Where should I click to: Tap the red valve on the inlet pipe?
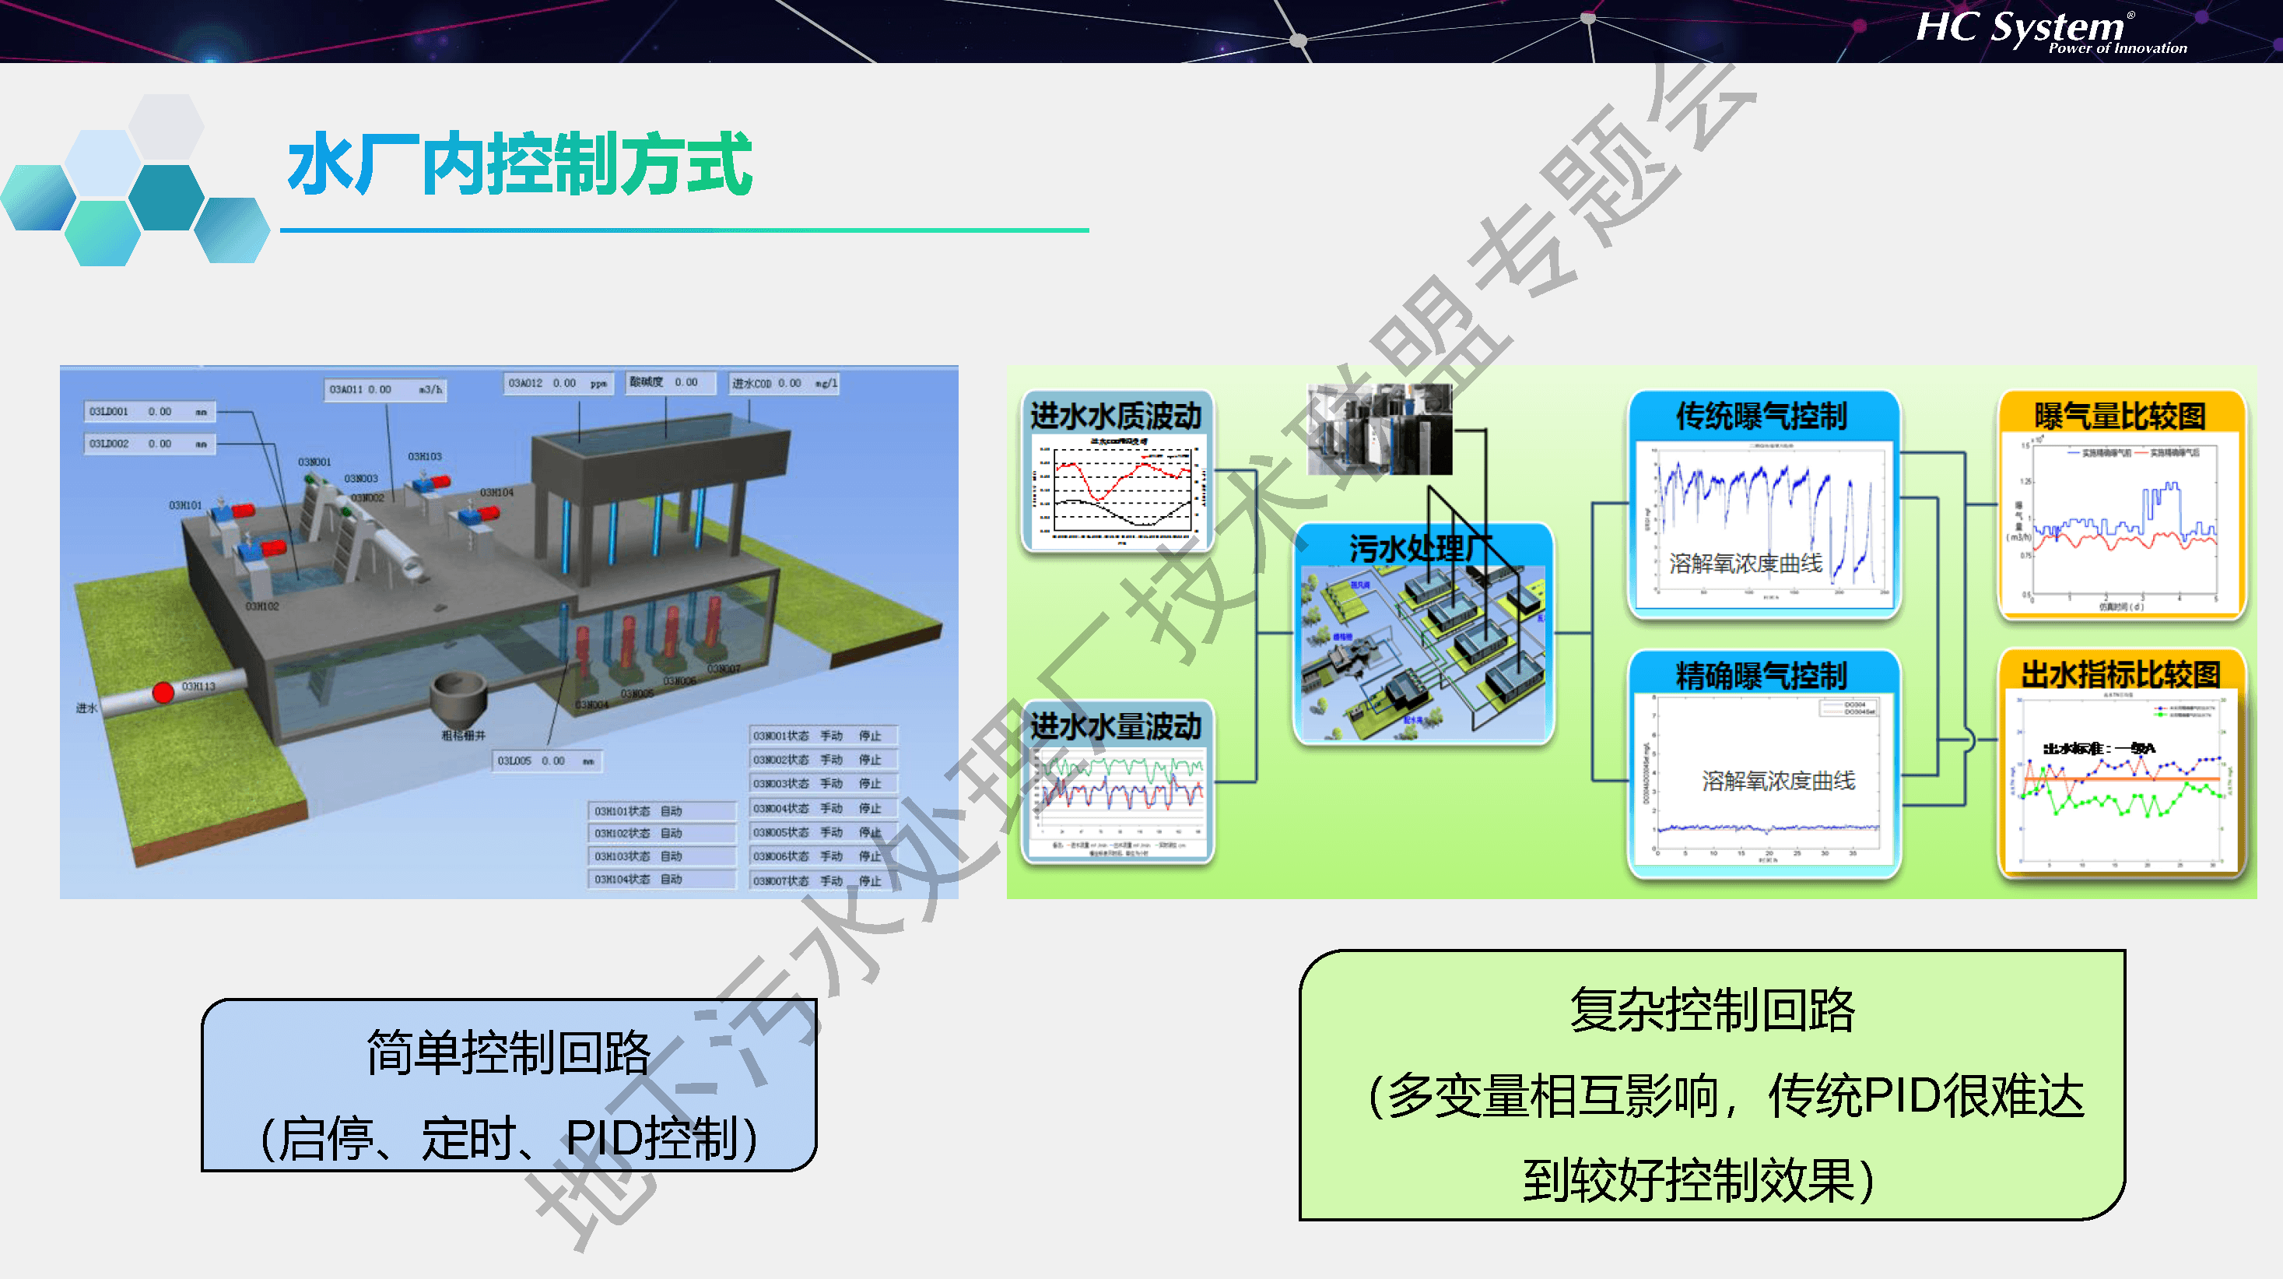(x=163, y=692)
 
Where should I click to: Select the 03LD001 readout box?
(x=148, y=412)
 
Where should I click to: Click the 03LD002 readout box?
(x=148, y=444)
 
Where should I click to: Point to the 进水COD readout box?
(x=784, y=384)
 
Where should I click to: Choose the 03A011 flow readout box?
(x=384, y=390)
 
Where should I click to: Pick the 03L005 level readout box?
(x=547, y=761)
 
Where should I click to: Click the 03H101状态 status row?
(x=661, y=811)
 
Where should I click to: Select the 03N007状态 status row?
(x=822, y=881)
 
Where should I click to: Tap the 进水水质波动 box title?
(x=1116, y=416)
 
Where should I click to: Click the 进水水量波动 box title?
(x=1116, y=727)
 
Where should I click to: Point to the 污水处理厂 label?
(x=1420, y=549)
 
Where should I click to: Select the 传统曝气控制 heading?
(x=1761, y=416)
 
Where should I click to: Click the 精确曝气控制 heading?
(x=1761, y=676)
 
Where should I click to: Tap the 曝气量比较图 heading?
(x=2120, y=416)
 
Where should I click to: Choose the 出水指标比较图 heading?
(x=2120, y=674)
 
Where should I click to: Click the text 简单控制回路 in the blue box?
(x=509, y=1053)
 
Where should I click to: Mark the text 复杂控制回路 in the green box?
(x=1711, y=1010)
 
